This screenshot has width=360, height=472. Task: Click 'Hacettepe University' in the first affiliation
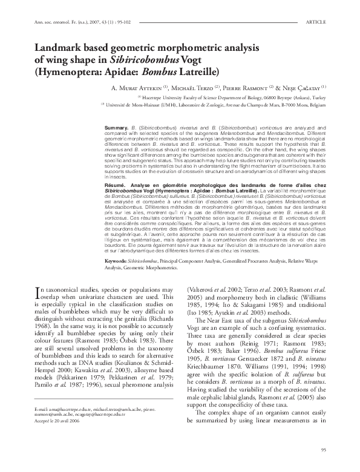pyautogui.click(x=167, y=97)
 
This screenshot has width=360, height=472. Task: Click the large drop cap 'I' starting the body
pyautogui.click(x=39, y=291)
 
